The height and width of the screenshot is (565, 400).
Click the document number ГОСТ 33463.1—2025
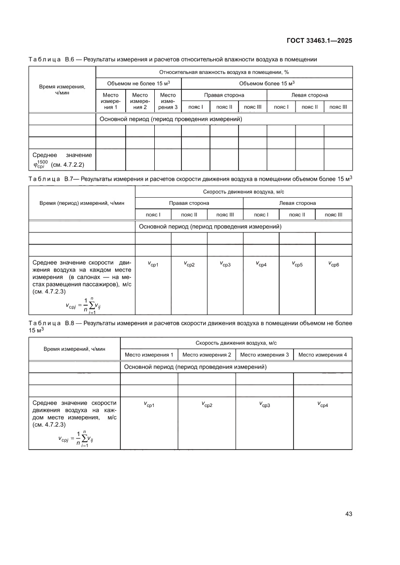(x=320, y=41)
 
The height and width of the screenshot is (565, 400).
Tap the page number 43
(x=348, y=513)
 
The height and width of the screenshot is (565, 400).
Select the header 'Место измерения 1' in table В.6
(x=111, y=101)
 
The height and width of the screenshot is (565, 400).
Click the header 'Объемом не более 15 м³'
(x=138, y=83)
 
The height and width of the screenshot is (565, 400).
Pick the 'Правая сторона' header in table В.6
(x=224, y=95)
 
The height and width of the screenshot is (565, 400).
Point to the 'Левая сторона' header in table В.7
(x=297, y=203)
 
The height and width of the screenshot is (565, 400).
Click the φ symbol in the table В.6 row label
(x=35, y=164)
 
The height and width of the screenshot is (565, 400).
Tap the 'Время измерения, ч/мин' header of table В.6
(x=62, y=89)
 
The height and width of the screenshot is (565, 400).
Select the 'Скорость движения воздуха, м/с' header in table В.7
(x=243, y=191)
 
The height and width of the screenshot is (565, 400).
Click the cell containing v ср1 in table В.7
(x=153, y=264)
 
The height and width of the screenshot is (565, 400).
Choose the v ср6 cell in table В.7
(x=334, y=264)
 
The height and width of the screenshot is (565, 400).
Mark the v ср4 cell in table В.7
(x=261, y=264)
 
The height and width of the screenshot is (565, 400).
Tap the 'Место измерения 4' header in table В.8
(x=323, y=355)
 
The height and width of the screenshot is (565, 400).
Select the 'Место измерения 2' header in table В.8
(x=207, y=355)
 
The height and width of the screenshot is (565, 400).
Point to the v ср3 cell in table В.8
(x=265, y=404)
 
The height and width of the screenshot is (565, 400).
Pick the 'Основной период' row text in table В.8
(x=195, y=367)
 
